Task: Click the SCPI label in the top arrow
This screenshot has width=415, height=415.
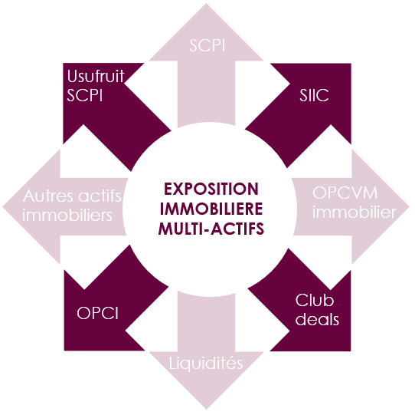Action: pos(207,45)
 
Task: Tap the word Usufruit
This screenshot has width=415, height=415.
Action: pos(96,76)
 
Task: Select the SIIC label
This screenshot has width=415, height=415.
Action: pos(314,95)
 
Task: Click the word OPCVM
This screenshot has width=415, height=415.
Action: pos(345,193)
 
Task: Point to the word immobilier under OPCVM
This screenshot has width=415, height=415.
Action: pos(354,212)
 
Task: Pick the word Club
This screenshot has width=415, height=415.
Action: pos(315,301)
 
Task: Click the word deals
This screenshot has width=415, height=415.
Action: pos(317,319)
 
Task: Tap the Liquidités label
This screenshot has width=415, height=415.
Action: pos(206,363)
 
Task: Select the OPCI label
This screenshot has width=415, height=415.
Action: pos(98,313)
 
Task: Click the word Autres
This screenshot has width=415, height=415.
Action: pos(48,196)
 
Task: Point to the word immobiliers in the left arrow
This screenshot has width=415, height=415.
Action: pos(67,215)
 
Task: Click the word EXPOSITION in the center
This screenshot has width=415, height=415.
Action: pos(211,189)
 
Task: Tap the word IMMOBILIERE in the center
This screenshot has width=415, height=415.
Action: pos(211,209)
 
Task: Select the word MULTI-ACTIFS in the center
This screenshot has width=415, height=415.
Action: pos(211,229)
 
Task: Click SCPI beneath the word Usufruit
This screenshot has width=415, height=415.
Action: pos(85,95)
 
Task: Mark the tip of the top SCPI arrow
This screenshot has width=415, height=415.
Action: pos(206,4)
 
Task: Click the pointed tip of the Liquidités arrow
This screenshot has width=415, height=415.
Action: pos(207,409)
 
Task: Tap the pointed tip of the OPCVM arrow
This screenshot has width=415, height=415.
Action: pos(409,206)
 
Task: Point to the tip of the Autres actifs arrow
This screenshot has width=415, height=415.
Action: pos(2,206)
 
